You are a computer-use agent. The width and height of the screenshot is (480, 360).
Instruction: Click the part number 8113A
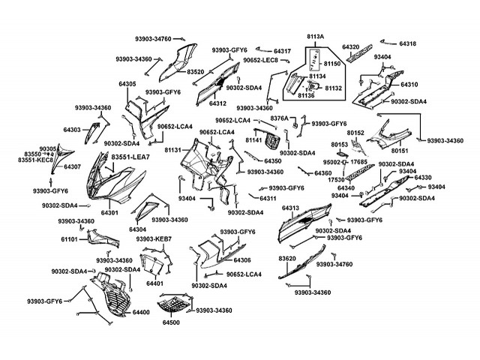[315, 36]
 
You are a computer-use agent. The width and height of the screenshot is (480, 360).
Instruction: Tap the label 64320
[351, 46]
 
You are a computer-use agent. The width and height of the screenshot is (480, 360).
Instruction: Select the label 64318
[408, 44]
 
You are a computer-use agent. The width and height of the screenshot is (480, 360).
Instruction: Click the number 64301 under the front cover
[109, 213]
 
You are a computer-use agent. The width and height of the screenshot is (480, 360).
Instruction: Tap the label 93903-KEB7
[154, 238]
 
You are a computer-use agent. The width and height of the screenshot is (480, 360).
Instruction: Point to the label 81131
[173, 150]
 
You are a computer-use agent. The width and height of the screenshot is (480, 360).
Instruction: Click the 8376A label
[279, 118]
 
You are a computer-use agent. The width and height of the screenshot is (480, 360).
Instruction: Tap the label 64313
[291, 207]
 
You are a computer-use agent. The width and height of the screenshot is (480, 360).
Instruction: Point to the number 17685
[358, 162]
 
